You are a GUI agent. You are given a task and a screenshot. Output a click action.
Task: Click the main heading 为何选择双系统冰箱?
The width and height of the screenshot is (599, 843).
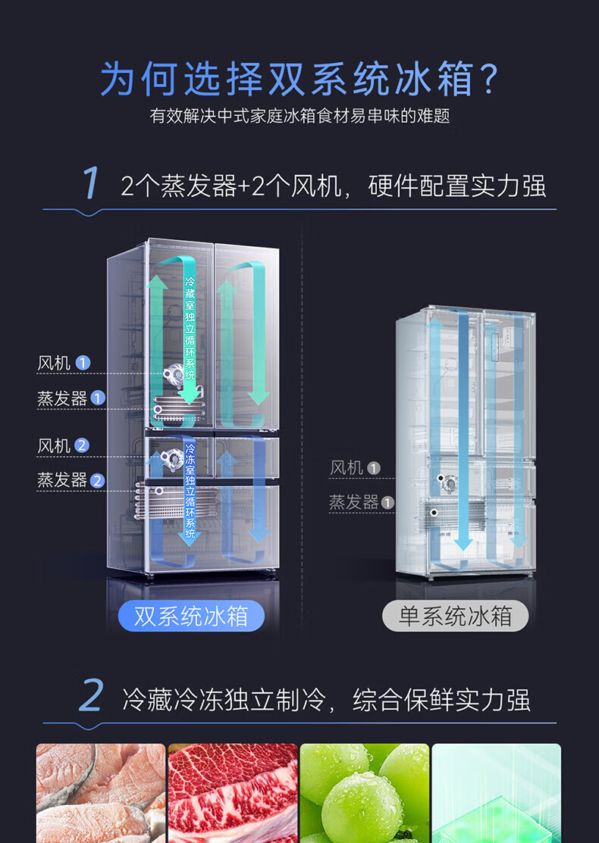coord(299,79)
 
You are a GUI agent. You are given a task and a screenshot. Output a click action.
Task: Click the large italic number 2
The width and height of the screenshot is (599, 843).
coord(91,697)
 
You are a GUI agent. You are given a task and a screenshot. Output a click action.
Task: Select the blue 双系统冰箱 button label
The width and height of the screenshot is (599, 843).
coord(191,616)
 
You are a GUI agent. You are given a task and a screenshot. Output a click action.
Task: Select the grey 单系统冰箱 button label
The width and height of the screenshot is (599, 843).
coord(455,616)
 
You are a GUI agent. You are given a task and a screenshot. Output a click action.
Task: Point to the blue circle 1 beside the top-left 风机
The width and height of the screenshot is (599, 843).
coord(83,364)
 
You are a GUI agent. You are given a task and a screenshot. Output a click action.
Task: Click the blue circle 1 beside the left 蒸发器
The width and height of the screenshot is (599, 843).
coord(98,398)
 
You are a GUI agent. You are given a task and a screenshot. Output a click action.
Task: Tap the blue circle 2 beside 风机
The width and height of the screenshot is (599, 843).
coord(83,446)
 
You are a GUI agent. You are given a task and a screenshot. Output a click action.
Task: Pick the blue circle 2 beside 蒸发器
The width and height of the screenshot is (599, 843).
coord(98,480)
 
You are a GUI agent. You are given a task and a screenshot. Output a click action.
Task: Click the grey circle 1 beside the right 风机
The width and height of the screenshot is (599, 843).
coord(374,468)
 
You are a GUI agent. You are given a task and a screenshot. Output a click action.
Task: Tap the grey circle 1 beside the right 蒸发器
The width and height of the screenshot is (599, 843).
coord(388,502)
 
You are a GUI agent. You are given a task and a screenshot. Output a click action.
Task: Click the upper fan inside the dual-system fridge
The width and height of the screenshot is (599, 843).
coord(175,373)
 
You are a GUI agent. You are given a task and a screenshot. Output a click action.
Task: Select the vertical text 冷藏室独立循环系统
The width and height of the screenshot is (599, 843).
coord(190,330)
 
